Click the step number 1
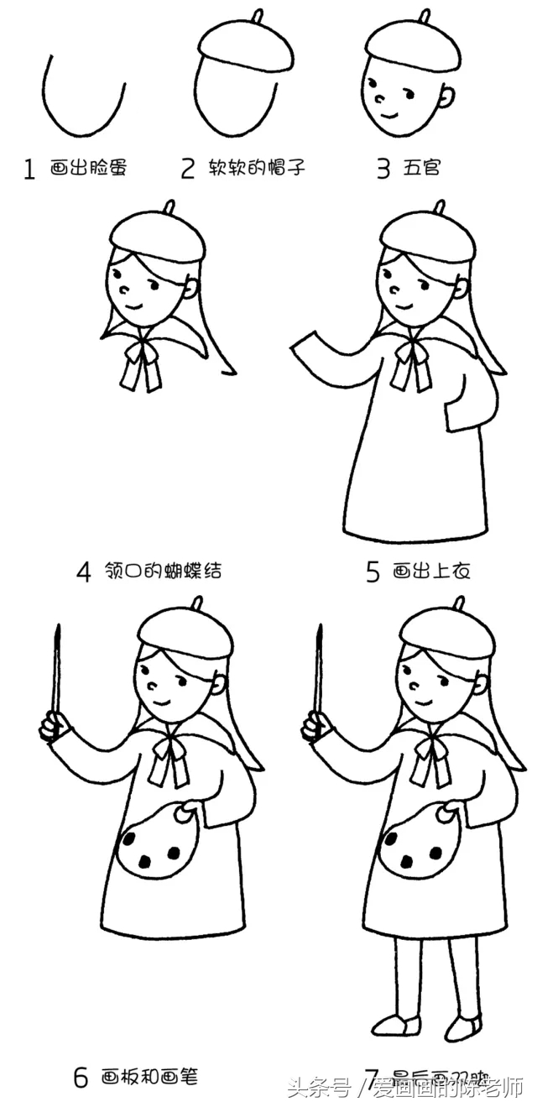click(29, 170)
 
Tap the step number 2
click(187, 169)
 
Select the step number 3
click(383, 169)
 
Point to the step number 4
click(83, 572)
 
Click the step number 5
click(373, 572)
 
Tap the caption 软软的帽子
click(256, 169)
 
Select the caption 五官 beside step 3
click(421, 169)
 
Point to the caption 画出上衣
click(430, 572)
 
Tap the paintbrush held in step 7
click(318, 671)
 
